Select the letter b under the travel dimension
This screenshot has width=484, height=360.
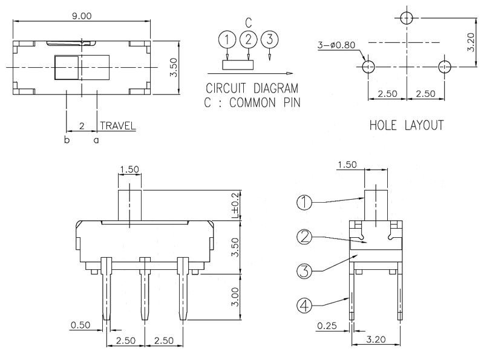point(67,140)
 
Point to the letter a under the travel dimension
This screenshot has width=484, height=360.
point(96,140)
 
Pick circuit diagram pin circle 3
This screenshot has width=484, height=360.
point(269,40)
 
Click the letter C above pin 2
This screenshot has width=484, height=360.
point(248,23)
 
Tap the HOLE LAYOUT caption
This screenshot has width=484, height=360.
point(406,125)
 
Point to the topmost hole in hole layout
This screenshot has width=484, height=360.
point(407,17)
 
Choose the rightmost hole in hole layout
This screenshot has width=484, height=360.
point(445,66)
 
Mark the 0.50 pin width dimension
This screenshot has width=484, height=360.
point(80,325)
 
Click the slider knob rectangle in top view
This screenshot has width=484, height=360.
point(67,67)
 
